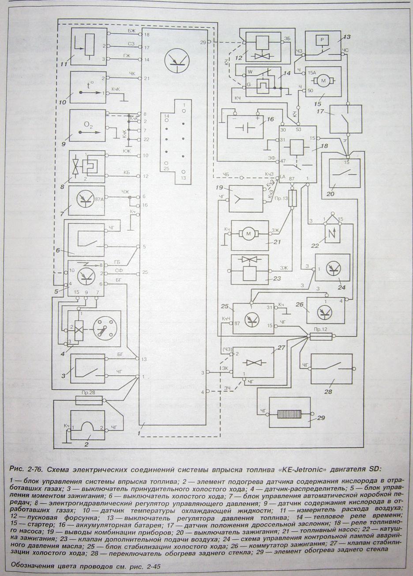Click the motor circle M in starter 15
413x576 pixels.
coord(326,80)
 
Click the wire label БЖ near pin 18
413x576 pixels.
coord(131,31)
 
